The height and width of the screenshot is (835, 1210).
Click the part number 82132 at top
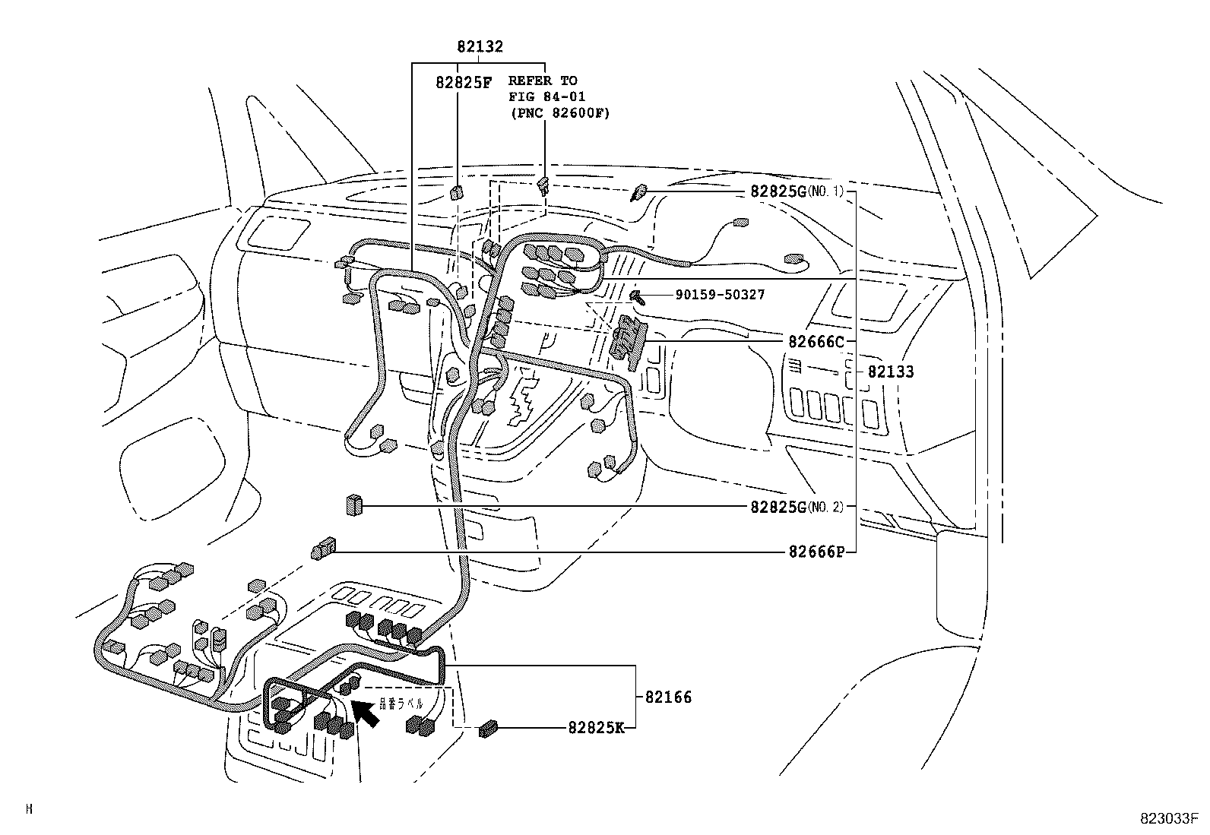point(480,46)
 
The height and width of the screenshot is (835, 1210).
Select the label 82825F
point(464,82)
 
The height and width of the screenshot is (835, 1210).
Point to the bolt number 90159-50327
point(719,295)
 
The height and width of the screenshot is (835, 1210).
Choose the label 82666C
point(816,342)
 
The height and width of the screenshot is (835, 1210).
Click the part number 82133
point(891,372)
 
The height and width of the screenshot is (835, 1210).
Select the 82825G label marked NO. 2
point(778,507)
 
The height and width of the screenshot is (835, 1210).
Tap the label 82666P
point(816,552)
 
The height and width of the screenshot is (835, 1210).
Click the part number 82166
point(668,697)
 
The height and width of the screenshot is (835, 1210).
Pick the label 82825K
point(596,727)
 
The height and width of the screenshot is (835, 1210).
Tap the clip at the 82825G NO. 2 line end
point(354,504)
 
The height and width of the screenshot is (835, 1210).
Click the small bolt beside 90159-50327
point(638,296)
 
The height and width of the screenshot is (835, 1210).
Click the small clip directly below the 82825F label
point(457,191)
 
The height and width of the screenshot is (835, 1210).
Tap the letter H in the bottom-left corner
point(29,810)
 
